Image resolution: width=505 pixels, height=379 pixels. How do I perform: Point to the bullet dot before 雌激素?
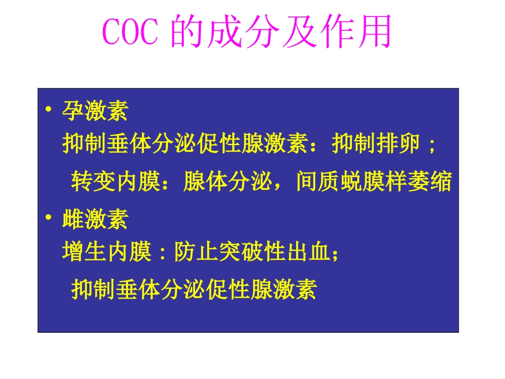click(48, 218)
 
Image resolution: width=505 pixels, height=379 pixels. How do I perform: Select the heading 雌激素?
click(95, 218)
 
